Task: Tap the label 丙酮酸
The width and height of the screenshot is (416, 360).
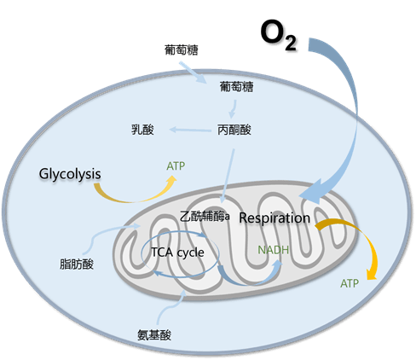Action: point(234,130)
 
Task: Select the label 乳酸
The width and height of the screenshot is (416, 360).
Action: point(142,130)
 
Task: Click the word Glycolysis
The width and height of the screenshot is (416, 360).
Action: point(70,174)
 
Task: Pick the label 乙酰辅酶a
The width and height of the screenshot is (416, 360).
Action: point(205,217)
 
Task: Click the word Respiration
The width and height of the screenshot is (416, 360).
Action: point(274,218)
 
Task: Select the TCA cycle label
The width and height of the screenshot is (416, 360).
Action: point(178,253)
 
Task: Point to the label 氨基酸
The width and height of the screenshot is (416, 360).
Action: point(154,334)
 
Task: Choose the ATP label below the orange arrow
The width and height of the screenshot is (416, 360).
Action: point(350,283)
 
